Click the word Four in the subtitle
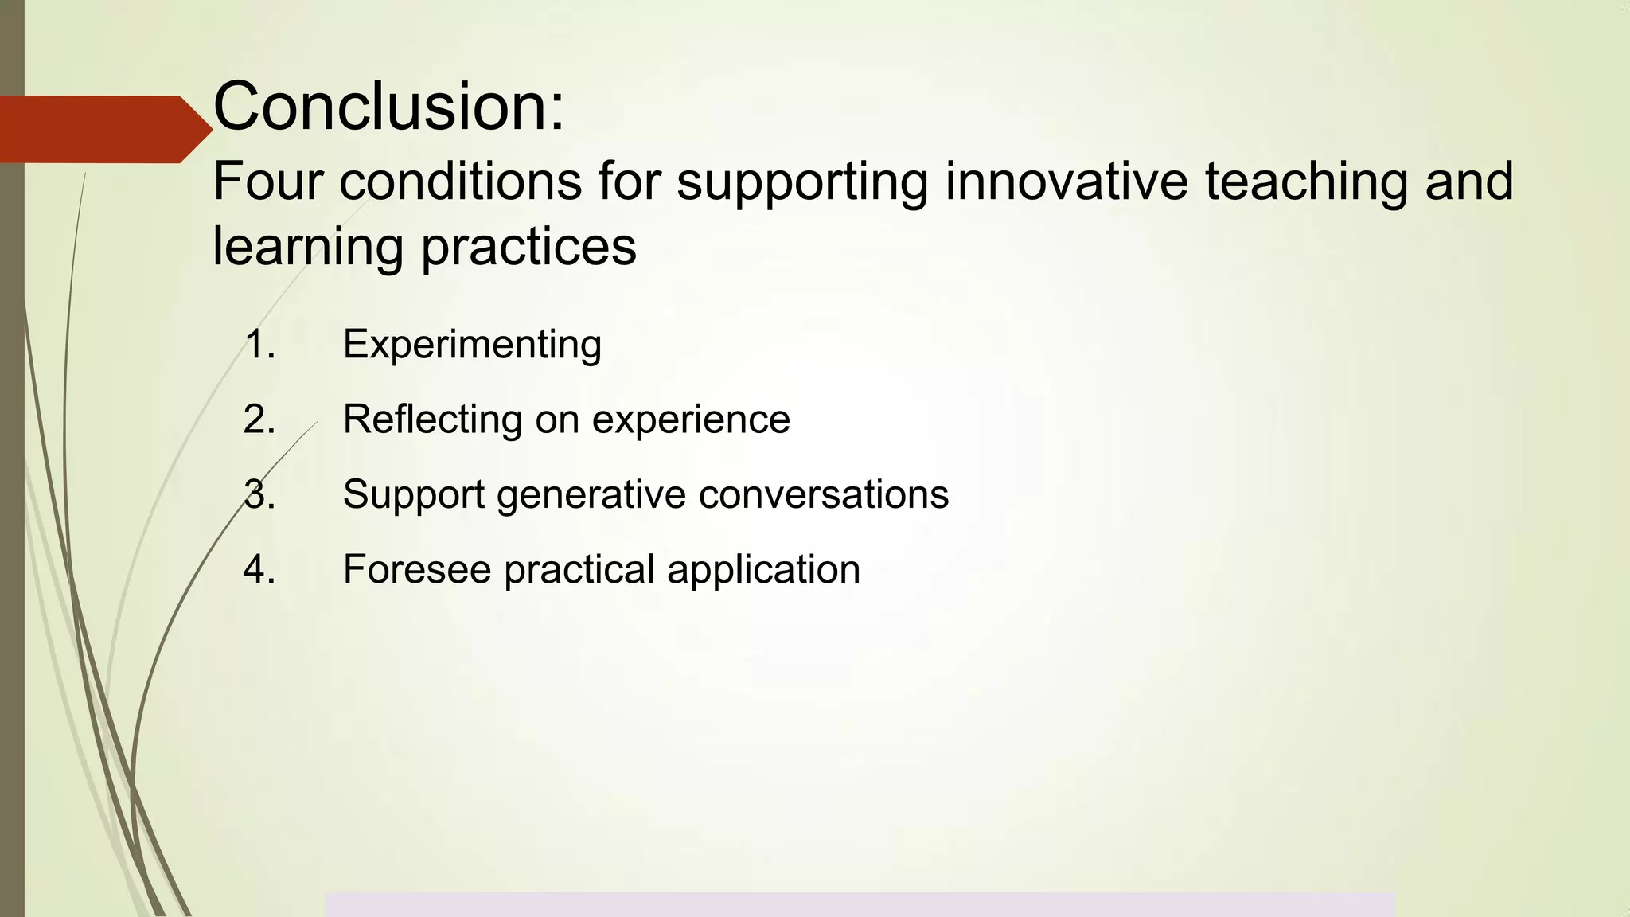[x=268, y=181]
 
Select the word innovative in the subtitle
[x=1067, y=181]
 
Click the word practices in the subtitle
[x=528, y=247]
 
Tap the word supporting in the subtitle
[x=802, y=182]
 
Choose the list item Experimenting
[x=472, y=345]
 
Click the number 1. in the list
[x=259, y=345]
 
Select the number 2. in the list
[x=259, y=419]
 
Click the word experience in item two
[x=691, y=420]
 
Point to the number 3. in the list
[x=259, y=494]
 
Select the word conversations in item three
[x=824, y=494]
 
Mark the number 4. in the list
[x=259, y=569]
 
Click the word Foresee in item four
[x=417, y=569]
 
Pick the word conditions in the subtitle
[x=461, y=181]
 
